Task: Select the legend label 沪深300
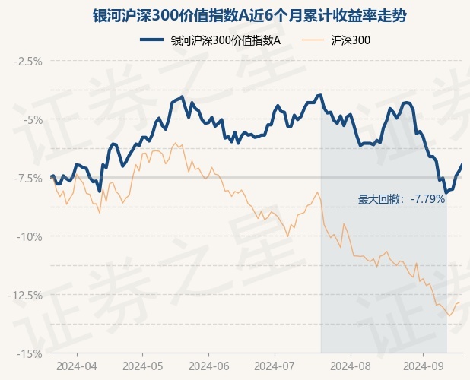tap(351, 41)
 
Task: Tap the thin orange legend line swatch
tap(316, 41)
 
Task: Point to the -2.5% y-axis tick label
tap(28, 61)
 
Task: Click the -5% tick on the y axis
tap(33, 119)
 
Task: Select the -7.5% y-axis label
tap(28, 178)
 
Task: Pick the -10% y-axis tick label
tap(30, 236)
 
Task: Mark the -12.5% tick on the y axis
tap(26, 295)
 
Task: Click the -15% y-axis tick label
tap(30, 353)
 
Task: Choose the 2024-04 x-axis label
tap(78, 365)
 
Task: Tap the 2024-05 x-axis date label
tap(143, 365)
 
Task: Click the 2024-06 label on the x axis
tap(211, 365)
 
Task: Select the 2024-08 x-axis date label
tap(350, 365)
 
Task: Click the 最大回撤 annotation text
tap(383, 200)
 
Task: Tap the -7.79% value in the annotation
tap(427, 200)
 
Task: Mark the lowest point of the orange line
tap(449, 315)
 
